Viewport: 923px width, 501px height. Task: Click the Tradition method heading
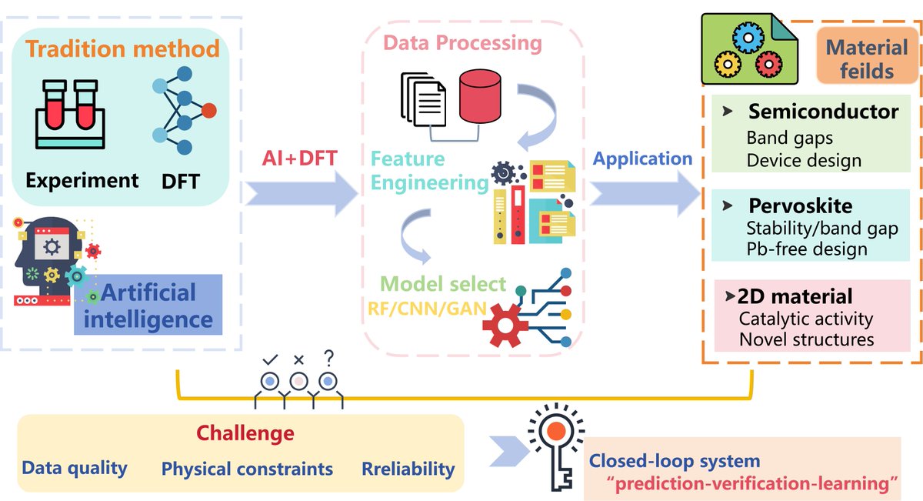click(122, 48)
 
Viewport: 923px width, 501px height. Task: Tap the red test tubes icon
click(70, 114)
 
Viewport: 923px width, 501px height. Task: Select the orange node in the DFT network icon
click(209, 111)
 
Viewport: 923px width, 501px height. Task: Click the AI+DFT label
click(299, 159)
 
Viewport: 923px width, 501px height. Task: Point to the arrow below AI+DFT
click(302, 194)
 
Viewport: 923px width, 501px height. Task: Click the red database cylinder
click(480, 96)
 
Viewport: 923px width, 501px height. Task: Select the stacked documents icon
click(423, 99)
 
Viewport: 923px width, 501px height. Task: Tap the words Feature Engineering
click(429, 171)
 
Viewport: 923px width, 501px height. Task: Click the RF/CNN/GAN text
click(427, 309)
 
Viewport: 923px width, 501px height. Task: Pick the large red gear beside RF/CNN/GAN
click(505, 326)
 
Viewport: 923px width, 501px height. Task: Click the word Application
click(642, 159)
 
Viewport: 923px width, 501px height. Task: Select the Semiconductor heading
click(823, 112)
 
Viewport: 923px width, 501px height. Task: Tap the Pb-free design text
click(807, 249)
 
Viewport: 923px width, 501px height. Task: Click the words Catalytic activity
click(806, 319)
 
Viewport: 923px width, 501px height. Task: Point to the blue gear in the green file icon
click(748, 38)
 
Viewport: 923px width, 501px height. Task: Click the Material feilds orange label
click(867, 55)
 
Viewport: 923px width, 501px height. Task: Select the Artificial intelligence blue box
click(148, 305)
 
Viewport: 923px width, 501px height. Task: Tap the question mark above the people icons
click(328, 359)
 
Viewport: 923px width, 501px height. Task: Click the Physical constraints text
click(247, 469)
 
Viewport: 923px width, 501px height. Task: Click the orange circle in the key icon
click(556, 431)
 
